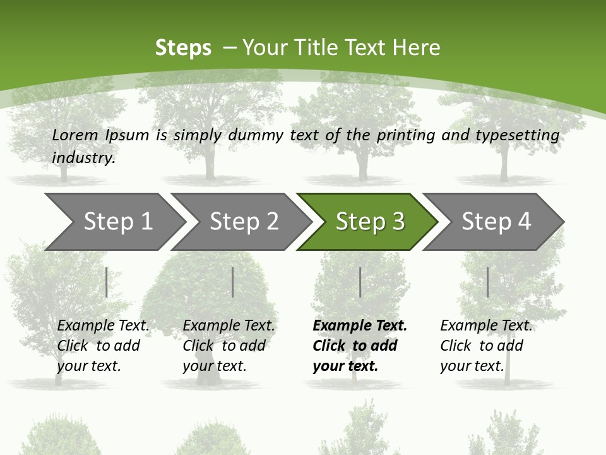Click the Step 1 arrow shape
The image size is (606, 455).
point(114,221)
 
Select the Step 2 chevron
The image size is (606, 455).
point(243,221)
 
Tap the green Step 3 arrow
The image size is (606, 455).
point(369,221)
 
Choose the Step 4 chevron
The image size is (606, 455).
point(496,221)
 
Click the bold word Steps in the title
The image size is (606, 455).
point(183,47)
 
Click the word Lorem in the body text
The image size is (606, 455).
point(74,135)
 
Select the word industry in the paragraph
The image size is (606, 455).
point(83,157)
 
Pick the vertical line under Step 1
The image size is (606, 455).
point(107,282)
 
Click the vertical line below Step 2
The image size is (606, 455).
point(233,282)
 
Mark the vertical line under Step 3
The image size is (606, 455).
point(360,282)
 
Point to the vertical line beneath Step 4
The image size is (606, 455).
point(487,282)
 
